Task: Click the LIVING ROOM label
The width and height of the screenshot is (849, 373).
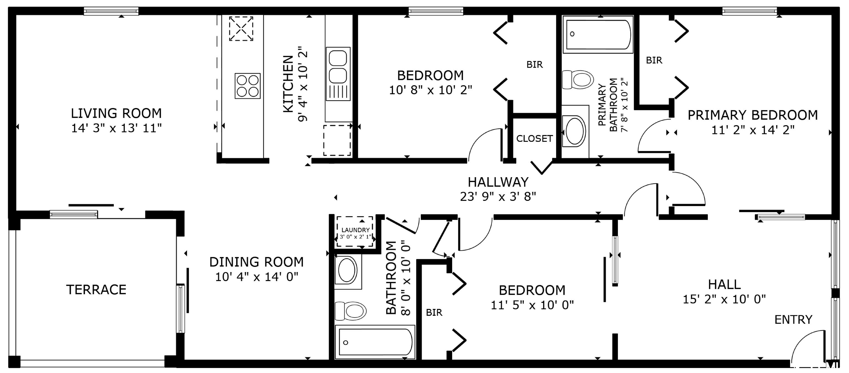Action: pos(116,113)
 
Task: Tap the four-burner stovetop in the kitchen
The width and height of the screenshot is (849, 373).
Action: pos(248,86)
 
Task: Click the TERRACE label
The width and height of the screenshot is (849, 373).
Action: pos(96,290)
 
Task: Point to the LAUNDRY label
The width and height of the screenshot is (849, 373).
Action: pos(355,230)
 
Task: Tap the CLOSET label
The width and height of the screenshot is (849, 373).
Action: pos(534,138)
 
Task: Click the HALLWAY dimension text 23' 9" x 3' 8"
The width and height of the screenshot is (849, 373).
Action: pos(498,197)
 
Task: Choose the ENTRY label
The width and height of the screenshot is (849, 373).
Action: pos(793,320)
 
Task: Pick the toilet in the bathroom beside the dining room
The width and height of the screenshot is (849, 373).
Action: pos(351,311)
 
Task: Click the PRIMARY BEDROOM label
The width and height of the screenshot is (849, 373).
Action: pos(753,115)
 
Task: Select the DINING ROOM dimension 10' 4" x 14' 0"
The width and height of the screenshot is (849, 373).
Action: pos(256,277)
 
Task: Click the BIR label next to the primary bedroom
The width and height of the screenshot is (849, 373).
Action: pos(654,60)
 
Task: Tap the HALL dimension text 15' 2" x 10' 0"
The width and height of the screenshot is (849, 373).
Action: pos(724,299)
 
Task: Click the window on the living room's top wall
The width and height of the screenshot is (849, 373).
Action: pos(111,12)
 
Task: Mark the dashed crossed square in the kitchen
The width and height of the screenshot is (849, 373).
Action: pos(241,29)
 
